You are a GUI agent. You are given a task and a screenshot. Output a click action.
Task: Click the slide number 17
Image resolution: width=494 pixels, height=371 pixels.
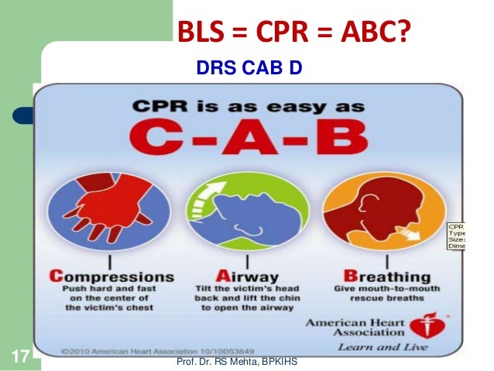pos(19,358)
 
